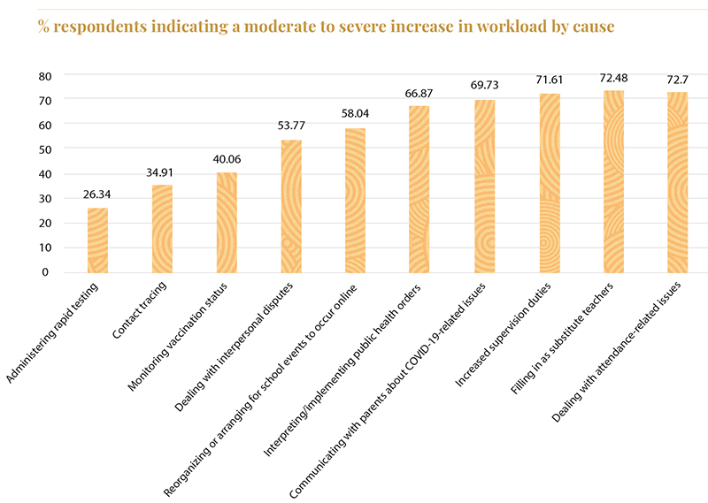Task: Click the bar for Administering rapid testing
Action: [97, 240]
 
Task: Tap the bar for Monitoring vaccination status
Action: [227, 222]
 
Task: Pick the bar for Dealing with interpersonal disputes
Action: [291, 205]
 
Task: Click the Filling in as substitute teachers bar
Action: [613, 181]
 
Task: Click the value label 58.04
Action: [356, 115]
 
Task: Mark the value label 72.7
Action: [678, 80]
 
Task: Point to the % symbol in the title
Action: [43, 26]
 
